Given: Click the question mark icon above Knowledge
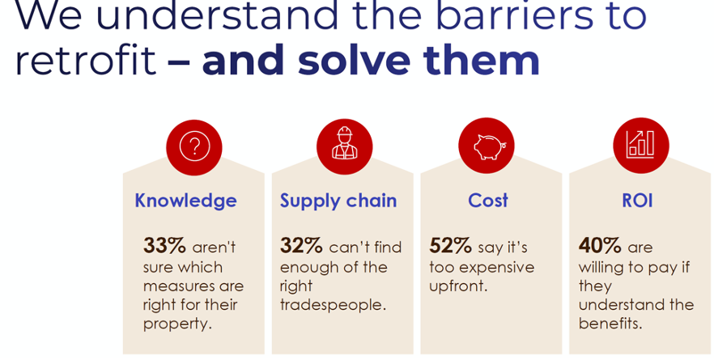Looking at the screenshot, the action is point(194,146).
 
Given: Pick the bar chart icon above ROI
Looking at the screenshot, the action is point(640,145).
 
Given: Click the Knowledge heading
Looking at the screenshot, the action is point(185,201).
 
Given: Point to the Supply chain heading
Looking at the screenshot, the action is point(338,201).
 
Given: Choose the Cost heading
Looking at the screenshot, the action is point(487,201).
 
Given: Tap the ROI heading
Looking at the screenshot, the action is point(638,201).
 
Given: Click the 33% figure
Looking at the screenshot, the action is point(164,246).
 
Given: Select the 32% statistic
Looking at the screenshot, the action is point(301,246).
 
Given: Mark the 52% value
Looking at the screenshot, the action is point(450,246).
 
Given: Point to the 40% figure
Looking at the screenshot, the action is point(600,246).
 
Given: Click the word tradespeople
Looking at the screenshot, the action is point(333,305).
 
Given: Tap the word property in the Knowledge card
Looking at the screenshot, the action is point(177,324).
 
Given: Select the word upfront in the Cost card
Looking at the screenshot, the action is point(458,286).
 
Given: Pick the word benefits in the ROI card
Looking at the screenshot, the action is point(610,324).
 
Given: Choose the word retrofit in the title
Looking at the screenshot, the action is point(86,60).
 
